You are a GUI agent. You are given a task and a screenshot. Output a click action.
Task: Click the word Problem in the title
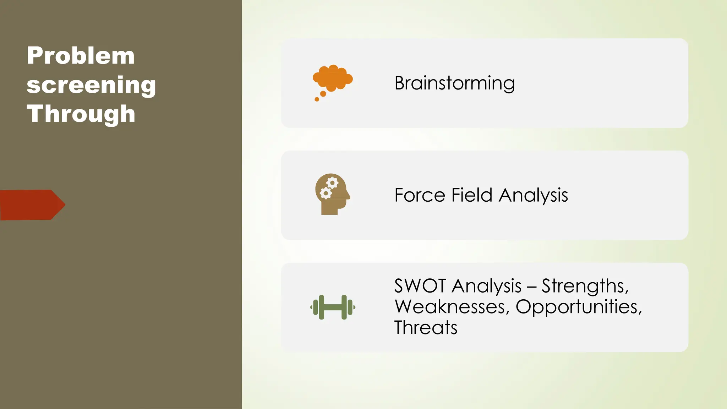pos(81,56)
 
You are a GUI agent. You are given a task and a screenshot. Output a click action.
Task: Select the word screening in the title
pos(91,85)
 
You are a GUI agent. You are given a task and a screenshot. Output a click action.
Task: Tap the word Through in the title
pos(81,114)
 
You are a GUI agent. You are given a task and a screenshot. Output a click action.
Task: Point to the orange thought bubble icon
pos(333,78)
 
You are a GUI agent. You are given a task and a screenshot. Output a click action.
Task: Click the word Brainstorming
pos(454,83)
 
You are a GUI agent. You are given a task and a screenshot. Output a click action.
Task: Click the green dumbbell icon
pos(333,307)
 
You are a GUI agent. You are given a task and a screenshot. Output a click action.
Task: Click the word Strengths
pos(585,286)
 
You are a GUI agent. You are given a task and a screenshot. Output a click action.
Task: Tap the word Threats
pos(426,327)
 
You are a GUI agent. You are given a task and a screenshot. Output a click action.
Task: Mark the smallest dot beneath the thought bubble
pos(317,99)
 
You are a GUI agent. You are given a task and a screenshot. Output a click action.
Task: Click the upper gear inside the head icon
pos(332,183)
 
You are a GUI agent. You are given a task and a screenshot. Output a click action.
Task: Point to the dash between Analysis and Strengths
pos(531,287)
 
